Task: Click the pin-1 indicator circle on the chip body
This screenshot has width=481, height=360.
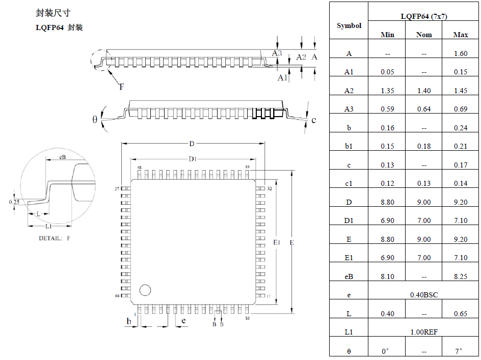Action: [145, 290]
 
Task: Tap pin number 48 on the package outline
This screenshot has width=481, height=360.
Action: [139, 167]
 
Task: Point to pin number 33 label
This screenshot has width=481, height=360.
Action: [248, 167]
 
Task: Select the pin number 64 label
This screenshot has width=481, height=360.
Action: [117, 296]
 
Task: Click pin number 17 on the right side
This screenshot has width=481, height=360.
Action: [268, 296]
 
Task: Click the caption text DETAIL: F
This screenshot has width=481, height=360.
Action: [55, 238]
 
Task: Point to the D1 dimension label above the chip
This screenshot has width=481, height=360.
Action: [193, 159]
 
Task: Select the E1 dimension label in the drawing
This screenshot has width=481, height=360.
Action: [277, 243]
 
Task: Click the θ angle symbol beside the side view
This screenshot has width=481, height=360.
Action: [95, 120]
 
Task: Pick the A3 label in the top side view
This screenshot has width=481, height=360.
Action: [277, 53]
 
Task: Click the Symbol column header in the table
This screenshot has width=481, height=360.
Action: [349, 25]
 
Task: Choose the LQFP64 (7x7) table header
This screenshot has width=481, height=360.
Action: [423, 16]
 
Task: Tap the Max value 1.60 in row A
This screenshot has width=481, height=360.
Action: [460, 53]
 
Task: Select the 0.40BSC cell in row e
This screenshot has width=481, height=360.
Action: [423, 295]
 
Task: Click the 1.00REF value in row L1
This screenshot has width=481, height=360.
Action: [423, 332]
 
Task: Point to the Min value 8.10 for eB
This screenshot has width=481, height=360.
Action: [387, 276]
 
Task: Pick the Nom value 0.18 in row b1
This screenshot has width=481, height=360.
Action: [423, 146]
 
